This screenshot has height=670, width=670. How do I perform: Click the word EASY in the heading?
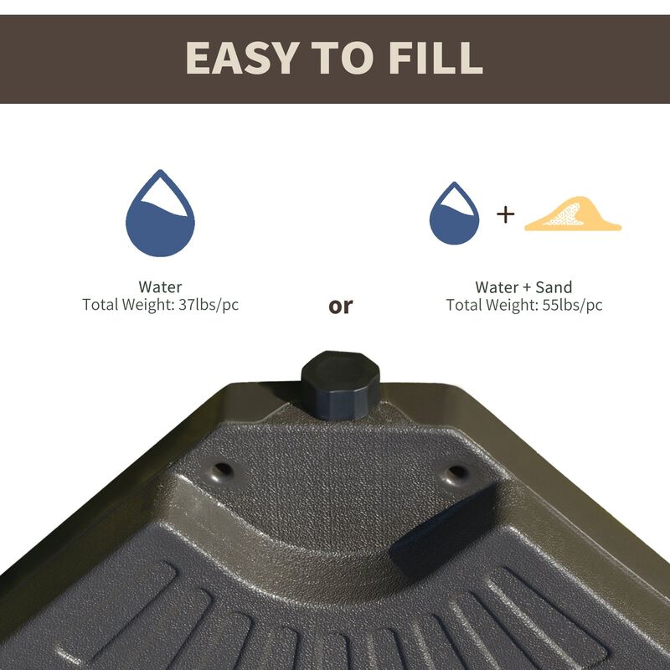(x=243, y=57)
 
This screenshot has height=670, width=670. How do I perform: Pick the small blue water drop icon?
(x=454, y=216)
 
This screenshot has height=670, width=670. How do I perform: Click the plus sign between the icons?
(x=505, y=214)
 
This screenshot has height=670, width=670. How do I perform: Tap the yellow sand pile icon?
(x=571, y=216)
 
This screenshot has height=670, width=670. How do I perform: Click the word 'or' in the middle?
(x=341, y=306)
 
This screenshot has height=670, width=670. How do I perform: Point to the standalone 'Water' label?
(x=160, y=287)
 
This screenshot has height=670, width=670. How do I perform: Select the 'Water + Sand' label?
(x=524, y=287)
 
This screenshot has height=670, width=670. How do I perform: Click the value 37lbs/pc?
(x=209, y=305)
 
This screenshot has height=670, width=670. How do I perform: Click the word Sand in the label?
(x=554, y=287)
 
